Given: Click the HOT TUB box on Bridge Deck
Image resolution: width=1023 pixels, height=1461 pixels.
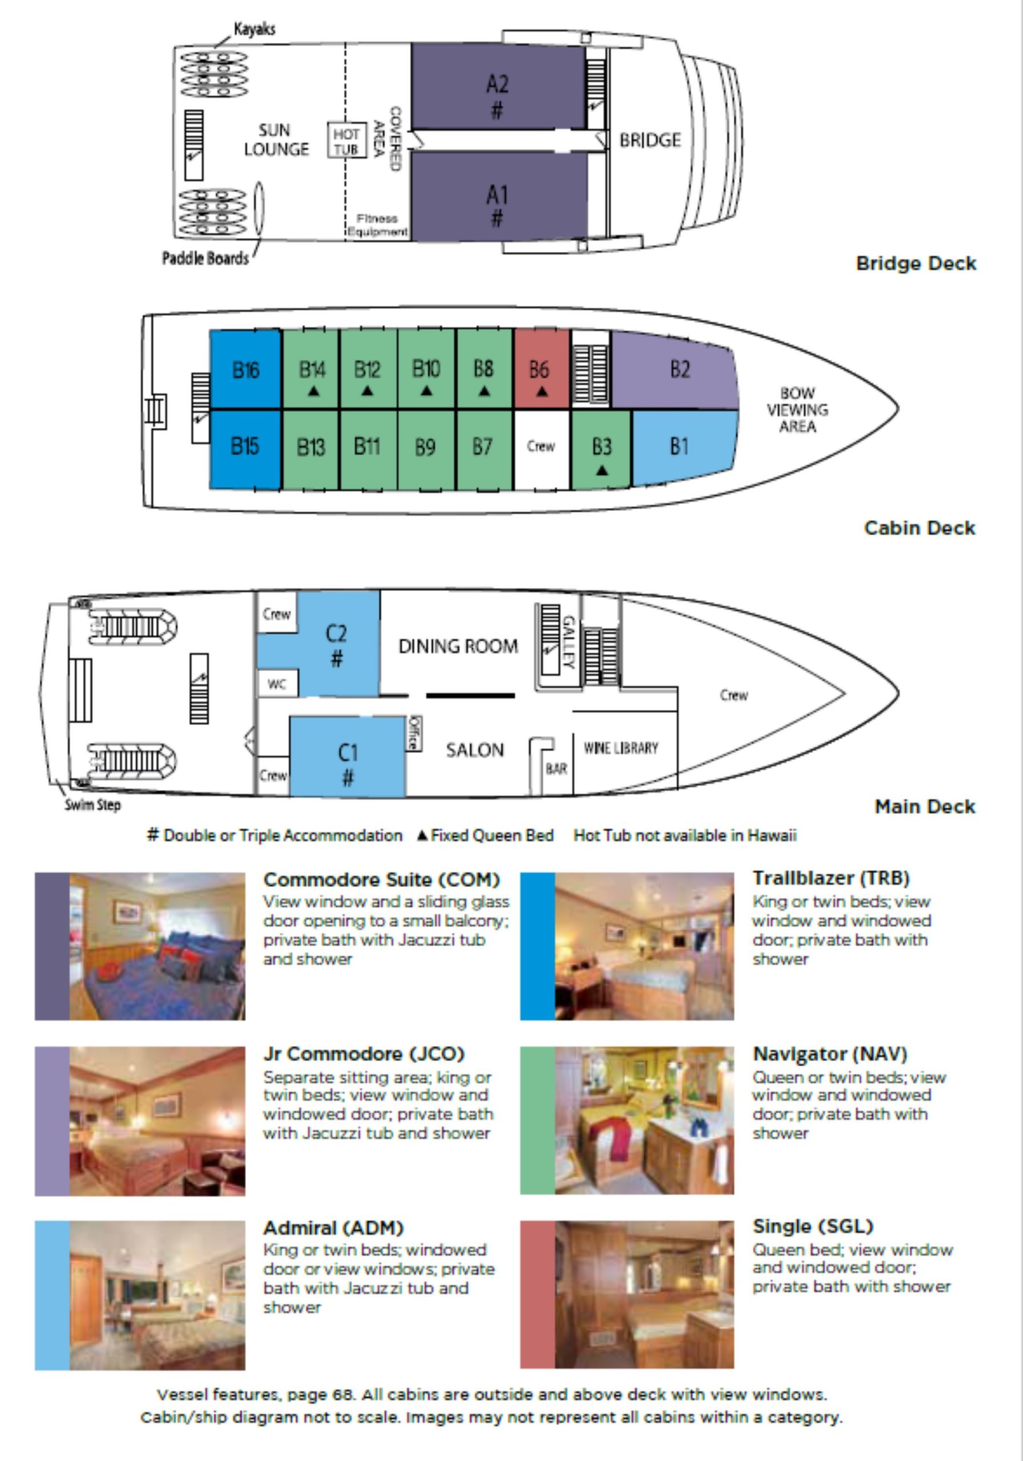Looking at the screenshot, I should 347,140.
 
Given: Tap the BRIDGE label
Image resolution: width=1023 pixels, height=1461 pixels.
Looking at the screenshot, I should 650,140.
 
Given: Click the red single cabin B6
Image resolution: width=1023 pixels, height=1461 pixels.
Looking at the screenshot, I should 541,370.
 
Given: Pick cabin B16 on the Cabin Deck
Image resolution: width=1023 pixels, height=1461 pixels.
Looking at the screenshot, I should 245,370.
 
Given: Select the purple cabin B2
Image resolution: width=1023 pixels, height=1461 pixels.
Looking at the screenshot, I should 679,370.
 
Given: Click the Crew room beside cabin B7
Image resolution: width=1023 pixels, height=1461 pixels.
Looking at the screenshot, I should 541,447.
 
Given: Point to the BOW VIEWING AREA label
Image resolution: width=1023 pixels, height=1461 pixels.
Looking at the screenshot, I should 797,410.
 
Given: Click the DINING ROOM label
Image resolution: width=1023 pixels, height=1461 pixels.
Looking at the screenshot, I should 458,647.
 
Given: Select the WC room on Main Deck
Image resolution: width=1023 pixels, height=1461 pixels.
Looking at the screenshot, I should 277,685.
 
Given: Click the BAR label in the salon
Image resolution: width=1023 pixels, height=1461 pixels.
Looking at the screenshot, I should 556,769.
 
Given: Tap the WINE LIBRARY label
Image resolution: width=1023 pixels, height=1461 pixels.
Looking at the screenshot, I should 621,748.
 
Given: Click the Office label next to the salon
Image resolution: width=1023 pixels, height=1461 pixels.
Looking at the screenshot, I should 414,733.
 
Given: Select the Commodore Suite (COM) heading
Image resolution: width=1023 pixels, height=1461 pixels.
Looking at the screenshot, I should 381,880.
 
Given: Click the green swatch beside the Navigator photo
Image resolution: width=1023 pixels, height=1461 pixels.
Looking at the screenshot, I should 537,1120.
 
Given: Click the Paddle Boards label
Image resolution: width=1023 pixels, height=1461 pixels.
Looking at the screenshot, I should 205,259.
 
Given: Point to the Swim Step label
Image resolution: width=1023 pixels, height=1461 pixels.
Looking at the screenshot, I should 92,805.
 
